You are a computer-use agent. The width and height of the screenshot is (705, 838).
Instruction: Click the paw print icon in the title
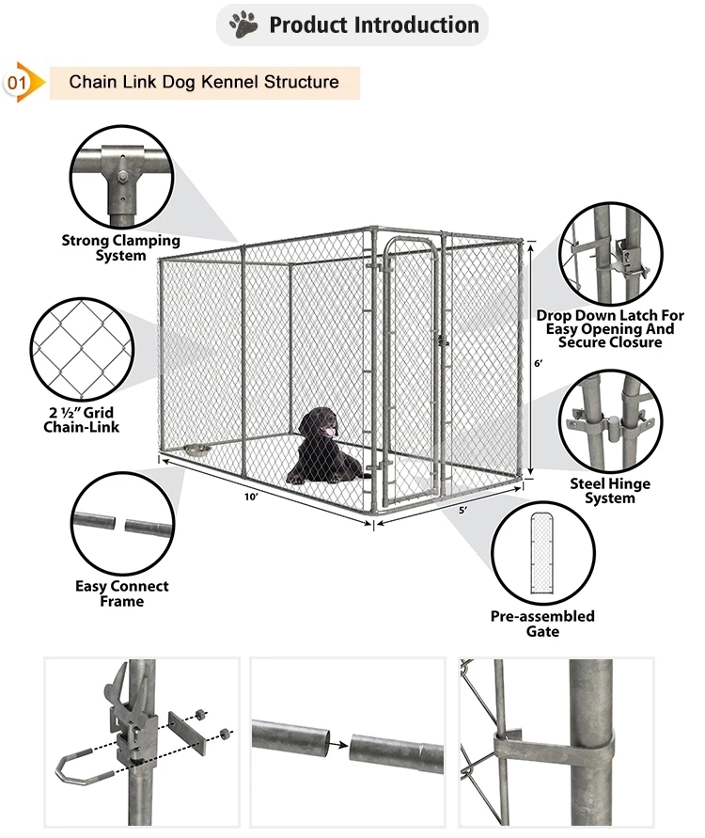point(247,24)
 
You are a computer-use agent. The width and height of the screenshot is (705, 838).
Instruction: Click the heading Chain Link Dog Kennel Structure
point(204,83)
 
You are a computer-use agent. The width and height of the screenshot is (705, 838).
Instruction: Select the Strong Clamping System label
point(120,248)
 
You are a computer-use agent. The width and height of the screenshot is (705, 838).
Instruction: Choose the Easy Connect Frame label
point(122,593)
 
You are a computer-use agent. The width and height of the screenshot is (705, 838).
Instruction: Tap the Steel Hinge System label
point(610,491)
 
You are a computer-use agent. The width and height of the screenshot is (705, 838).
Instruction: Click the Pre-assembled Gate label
point(542,624)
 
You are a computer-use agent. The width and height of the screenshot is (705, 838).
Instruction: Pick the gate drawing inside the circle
point(543,554)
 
